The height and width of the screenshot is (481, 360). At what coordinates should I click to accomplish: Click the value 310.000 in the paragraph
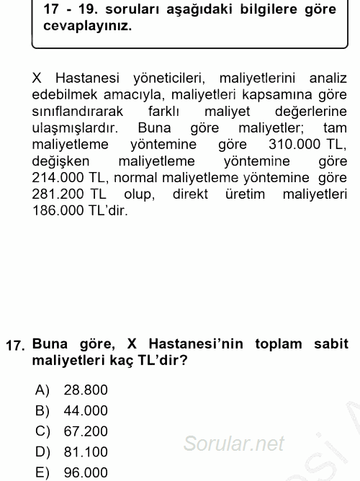pyautogui.click(x=294, y=143)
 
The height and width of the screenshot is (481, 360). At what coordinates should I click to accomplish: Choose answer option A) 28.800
pyautogui.click(x=85, y=390)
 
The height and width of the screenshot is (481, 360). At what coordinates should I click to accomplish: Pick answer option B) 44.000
pyautogui.click(x=85, y=410)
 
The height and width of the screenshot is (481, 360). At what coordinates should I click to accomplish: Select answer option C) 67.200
pyautogui.click(x=85, y=431)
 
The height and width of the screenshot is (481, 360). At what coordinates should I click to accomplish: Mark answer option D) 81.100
pyautogui.click(x=85, y=451)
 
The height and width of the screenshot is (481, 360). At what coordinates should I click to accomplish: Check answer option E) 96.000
pyautogui.click(x=85, y=472)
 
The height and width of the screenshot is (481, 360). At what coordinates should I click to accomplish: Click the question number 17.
pyautogui.click(x=16, y=345)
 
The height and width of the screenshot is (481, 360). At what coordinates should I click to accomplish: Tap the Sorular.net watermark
pyautogui.click(x=233, y=444)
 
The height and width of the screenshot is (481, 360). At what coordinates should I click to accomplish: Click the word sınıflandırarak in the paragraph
pyautogui.click(x=77, y=110)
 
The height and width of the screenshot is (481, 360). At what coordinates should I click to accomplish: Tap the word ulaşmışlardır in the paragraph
pyautogui.click(x=75, y=127)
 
